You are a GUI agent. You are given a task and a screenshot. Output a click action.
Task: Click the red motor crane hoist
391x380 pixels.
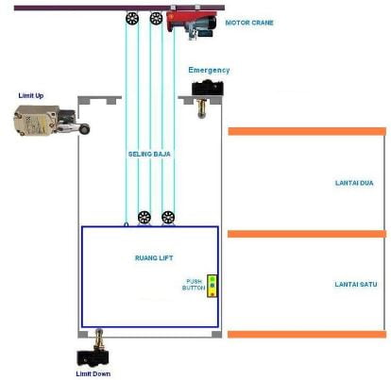(191, 25)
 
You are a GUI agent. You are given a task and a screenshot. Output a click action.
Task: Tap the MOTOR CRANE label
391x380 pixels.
(249, 23)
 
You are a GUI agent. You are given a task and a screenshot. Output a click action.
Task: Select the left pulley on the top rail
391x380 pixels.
(132, 18)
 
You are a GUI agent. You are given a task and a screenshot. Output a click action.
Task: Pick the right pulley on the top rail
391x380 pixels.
(156, 18)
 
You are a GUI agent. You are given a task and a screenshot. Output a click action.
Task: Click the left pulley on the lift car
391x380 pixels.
(144, 217)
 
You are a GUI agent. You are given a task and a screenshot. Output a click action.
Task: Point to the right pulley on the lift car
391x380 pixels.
(168, 217)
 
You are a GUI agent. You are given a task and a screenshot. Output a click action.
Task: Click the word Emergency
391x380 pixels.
(209, 70)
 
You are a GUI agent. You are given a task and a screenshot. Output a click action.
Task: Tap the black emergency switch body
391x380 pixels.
(208, 88)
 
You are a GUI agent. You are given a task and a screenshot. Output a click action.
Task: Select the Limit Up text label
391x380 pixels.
(31, 95)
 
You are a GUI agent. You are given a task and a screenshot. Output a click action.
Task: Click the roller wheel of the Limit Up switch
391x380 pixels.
(84, 128)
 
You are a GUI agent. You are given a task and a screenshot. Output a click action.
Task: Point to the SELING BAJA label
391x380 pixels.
(149, 154)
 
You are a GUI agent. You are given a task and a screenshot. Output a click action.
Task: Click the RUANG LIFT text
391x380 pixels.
(154, 258)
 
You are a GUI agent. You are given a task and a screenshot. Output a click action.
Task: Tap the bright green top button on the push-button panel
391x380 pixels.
(212, 279)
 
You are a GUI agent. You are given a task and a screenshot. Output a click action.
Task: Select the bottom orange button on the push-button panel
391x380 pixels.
(212, 294)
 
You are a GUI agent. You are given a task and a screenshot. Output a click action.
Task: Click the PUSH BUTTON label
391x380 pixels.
(194, 285)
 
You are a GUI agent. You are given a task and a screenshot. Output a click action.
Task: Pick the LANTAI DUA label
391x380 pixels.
(354, 183)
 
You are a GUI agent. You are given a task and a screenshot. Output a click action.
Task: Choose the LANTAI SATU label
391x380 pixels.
(356, 285)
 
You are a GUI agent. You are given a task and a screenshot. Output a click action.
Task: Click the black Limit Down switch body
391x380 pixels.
(93, 357)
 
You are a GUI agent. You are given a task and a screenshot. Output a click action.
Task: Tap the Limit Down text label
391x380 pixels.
(93, 373)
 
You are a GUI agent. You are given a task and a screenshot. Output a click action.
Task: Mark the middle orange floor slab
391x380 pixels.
(307, 234)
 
